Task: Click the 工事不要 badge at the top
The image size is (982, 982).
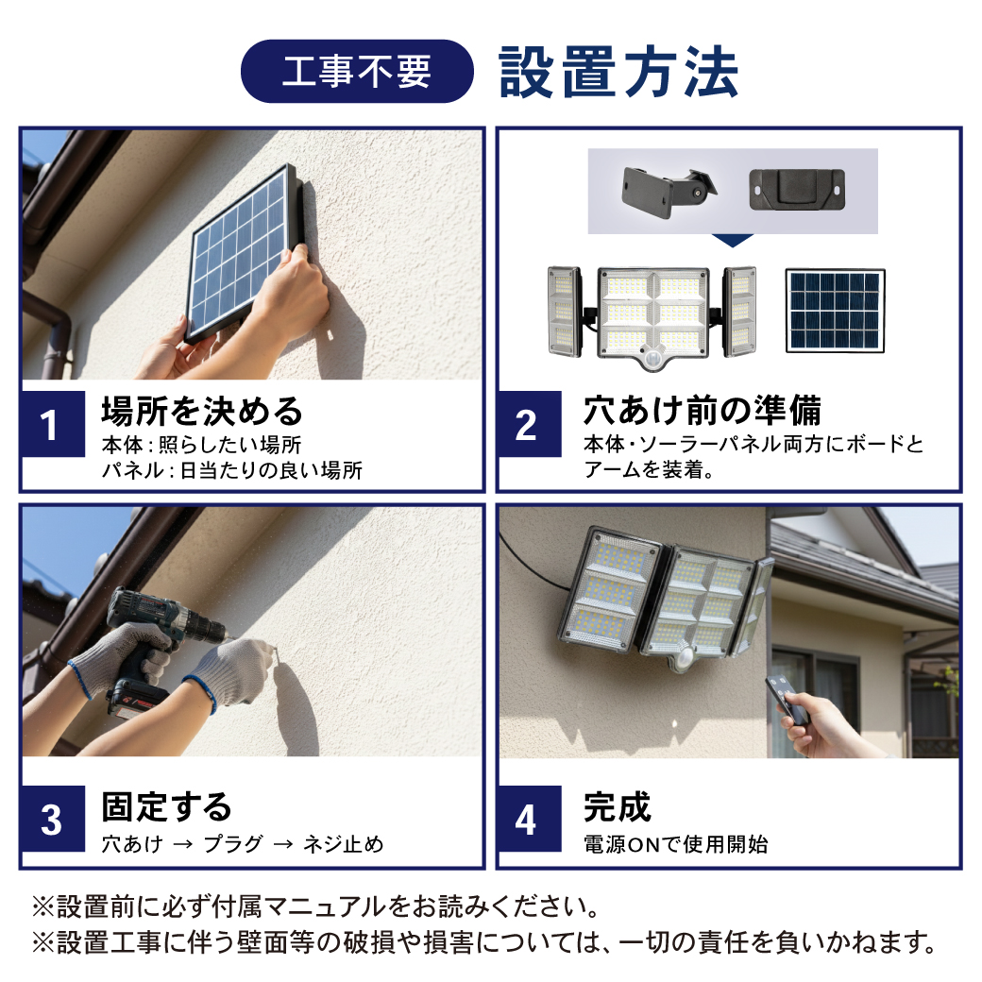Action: click(x=357, y=71)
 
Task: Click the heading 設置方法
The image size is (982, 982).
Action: click(x=618, y=72)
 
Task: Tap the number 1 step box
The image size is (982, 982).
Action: click(x=53, y=424)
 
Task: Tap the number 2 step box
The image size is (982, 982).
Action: click(x=529, y=424)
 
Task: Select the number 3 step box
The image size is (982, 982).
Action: click(x=53, y=819)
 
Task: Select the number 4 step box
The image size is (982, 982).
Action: click(x=529, y=819)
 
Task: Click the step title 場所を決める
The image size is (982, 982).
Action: click(x=202, y=412)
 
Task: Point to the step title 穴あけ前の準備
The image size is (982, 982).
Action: click(x=703, y=411)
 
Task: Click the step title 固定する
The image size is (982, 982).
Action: click(x=166, y=806)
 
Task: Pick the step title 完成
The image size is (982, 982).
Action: click(x=618, y=806)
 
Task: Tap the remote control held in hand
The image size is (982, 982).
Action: click(x=787, y=701)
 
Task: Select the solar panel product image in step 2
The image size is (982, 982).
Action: click(x=835, y=311)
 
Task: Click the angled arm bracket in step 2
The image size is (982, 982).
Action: click(x=669, y=191)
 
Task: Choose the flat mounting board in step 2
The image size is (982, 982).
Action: click(x=797, y=189)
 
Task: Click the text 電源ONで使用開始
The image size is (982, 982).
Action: click(x=676, y=844)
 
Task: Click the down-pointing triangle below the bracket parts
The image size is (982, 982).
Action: click(x=733, y=240)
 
